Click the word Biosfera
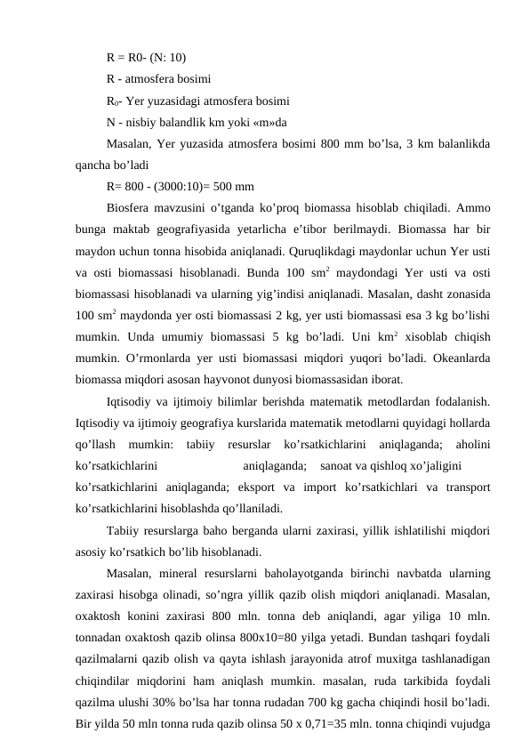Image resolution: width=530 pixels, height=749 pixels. tap(128, 208)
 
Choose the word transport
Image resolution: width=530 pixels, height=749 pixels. tap(468, 487)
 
